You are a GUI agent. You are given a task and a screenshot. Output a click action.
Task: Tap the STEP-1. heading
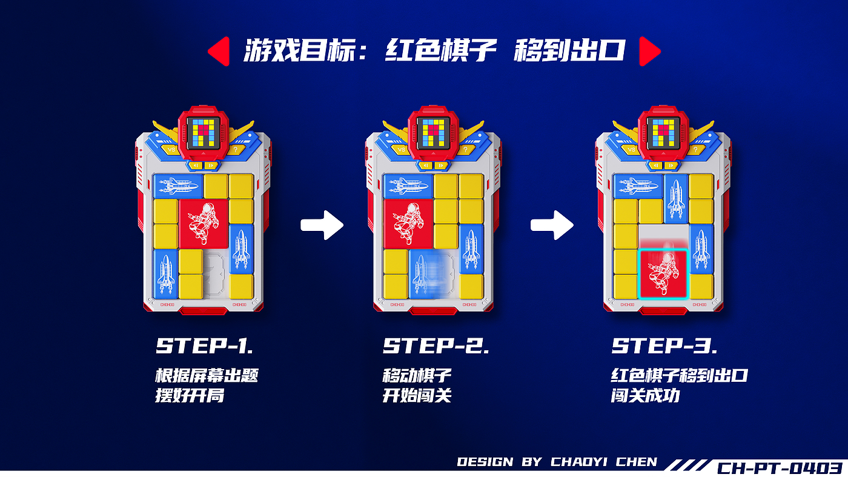click(x=205, y=345)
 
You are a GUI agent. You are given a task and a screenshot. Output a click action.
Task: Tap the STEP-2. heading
click(x=436, y=345)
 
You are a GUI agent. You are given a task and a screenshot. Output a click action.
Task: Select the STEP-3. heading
click(x=664, y=345)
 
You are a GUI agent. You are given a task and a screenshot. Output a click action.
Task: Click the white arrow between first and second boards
click(x=322, y=225)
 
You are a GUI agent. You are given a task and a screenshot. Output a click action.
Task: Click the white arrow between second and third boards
click(x=552, y=225)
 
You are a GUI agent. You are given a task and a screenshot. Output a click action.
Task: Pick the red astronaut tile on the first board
click(x=204, y=224)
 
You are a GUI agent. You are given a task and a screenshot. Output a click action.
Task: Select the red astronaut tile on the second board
click(x=408, y=224)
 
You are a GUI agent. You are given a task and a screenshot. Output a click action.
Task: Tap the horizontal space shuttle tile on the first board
click(x=178, y=187)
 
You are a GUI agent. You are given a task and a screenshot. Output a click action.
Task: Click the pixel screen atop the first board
click(x=203, y=133)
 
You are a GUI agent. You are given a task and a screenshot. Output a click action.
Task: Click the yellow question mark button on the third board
click(x=696, y=150)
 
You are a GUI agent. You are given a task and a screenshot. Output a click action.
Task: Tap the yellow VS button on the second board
click(x=401, y=150)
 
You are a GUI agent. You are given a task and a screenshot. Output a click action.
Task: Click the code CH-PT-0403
click(x=780, y=467)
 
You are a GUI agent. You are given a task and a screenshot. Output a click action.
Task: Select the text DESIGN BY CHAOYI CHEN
click(x=557, y=462)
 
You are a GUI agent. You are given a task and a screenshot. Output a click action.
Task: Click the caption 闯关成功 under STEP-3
click(x=645, y=396)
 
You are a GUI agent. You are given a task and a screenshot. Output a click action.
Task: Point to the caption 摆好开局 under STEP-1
click(x=190, y=396)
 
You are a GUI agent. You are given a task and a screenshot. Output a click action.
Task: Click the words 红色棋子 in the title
click(x=441, y=50)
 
